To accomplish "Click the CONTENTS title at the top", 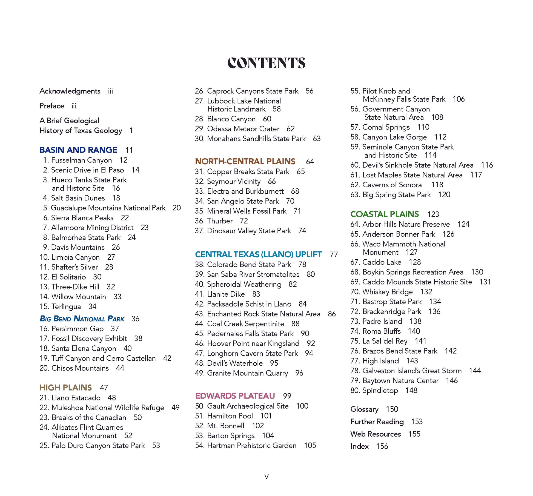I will point(266,63).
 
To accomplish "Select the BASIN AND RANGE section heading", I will point(78,150).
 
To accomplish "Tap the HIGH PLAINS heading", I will point(66,388).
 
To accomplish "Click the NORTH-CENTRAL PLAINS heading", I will point(245,161).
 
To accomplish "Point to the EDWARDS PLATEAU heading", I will point(235,396).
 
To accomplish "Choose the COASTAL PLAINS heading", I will point(385,214).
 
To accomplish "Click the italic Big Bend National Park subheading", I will point(82,319).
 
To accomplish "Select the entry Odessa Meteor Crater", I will point(243,129).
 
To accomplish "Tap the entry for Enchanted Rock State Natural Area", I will point(263,314).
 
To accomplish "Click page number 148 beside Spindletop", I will point(411,390).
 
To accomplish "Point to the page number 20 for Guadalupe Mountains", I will point(177,208).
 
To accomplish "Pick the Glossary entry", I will point(364,409).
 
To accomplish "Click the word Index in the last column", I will point(359,446).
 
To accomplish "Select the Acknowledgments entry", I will point(70,91).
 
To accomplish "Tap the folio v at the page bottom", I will point(266,477).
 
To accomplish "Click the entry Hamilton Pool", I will point(230,416).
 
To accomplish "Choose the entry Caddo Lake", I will point(382,262).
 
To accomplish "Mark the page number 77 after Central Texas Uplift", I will point(334,254).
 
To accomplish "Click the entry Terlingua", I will point(66,306).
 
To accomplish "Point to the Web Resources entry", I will point(376,434).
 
